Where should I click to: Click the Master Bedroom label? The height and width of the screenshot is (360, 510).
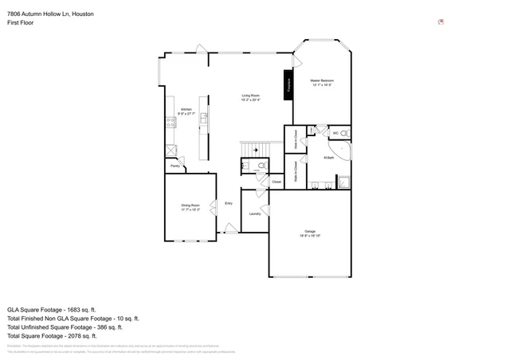[x=322, y=81]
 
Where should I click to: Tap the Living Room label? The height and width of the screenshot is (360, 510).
[x=252, y=96]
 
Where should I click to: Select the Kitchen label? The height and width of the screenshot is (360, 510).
[x=186, y=110]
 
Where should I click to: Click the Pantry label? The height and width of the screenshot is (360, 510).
[x=175, y=166]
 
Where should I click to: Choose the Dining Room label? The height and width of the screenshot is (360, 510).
[x=190, y=206]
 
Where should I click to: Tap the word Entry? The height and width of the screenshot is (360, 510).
[x=229, y=203]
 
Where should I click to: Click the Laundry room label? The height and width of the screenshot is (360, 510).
[x=255, y=213]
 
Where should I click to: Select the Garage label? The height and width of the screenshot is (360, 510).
[x=309, y=232]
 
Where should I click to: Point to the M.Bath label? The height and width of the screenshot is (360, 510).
[x=328, y=158]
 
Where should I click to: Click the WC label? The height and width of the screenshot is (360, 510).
[x=335, y=132]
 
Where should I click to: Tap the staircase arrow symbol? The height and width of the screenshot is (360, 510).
[x=257, y=149]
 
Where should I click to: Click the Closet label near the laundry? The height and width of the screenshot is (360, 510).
[x=277, y=182]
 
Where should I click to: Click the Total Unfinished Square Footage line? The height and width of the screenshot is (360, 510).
[x=65, y=327]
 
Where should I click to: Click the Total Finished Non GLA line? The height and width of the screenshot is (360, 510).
[x=73, y=318]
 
